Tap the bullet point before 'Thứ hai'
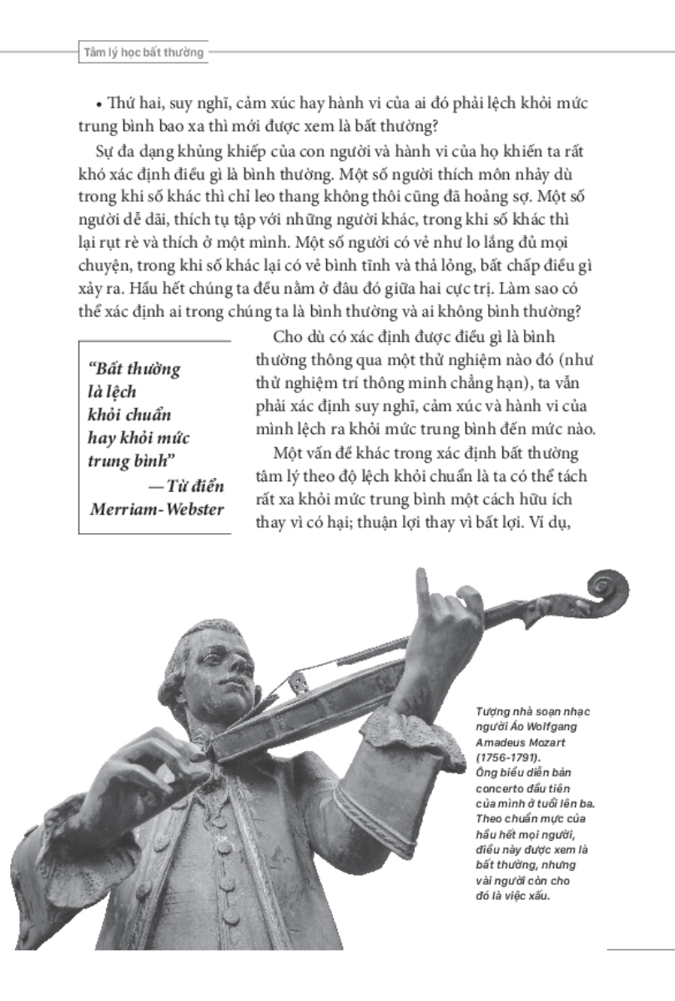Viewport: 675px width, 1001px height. coord(98,104)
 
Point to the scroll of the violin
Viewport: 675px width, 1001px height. coord(607,591)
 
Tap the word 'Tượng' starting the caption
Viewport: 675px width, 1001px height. coord(492,712)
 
